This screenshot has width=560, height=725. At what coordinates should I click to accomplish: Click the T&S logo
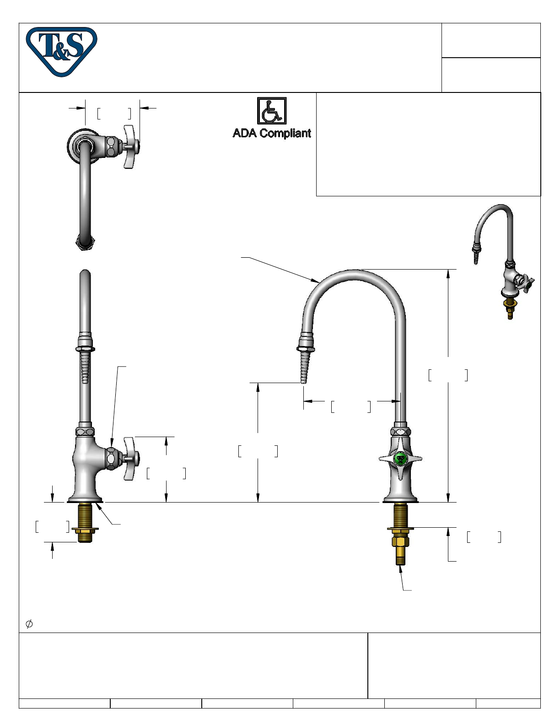point(61,51)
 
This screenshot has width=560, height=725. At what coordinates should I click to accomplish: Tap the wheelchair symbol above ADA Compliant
point(271,111)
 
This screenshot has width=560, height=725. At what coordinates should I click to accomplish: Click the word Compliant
point(285,134)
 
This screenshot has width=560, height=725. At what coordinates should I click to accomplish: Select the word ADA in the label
point(244,133)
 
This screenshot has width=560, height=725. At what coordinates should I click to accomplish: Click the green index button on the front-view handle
point(399,459)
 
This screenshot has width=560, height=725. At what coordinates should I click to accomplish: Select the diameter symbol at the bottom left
point(29,623)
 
